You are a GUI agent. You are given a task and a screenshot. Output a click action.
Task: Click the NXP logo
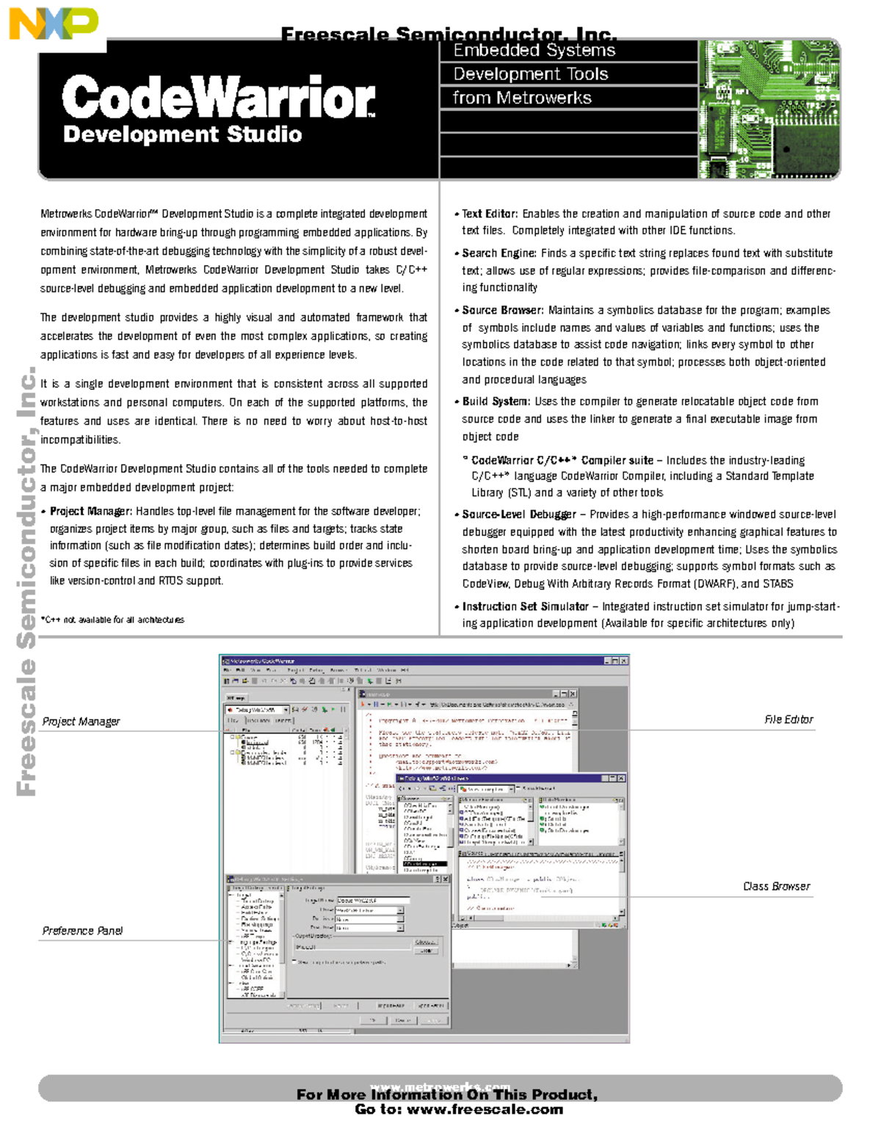pyautogui.click(x=54, y=24)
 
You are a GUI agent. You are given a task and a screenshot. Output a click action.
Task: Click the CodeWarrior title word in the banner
pyautogui.click(x=218, y=98)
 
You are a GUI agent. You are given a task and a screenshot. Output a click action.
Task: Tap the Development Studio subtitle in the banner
pyautogui.click(x=182, y=134)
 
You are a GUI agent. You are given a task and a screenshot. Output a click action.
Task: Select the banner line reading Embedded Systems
pyautogui.click(x=534, y=51)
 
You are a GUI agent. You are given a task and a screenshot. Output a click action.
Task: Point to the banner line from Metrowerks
pyautogui.click(x=521, y=98)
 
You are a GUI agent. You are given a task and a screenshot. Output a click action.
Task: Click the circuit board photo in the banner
pyautogui.click(x=768, y=109)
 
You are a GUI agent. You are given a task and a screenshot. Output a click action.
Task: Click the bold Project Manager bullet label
pyautogui.click(x=91, y=512)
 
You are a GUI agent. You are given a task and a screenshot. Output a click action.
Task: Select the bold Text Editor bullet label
pyautogui.click(x=490, y=214)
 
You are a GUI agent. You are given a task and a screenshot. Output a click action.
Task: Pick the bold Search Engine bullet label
pyautogui.click(x=499, y=253)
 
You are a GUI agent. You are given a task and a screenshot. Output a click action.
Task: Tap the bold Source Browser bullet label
pyautogui.click(x=503, y=311)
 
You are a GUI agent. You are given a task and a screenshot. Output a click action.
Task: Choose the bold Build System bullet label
pyautogui.click(x=496, y=402)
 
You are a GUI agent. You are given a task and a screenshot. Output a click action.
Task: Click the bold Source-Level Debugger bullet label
pyautogui.click(x=519, y=515)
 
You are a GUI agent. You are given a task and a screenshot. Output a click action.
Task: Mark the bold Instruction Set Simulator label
pyautogui.click(x=526, y=606)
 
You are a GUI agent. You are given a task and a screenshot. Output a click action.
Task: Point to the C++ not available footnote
pyautogui.click(x=112, y=620)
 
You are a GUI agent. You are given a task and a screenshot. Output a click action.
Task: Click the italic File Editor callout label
pyautogui.click(x=788, y=720)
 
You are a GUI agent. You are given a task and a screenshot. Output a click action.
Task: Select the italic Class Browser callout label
pyautogui.click(x=776, y=887)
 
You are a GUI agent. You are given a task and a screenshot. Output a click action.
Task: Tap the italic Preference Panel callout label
pyautogui.click(x=82, y=931)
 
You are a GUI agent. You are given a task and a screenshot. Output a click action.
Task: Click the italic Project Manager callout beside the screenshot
pyautogui.click(x=81, y=722)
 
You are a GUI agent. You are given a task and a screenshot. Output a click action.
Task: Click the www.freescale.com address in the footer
pyautogui.click(x=485, y=1110)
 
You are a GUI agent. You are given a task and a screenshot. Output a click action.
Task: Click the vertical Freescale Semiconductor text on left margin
pyautogui.click(x=26, y=580)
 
